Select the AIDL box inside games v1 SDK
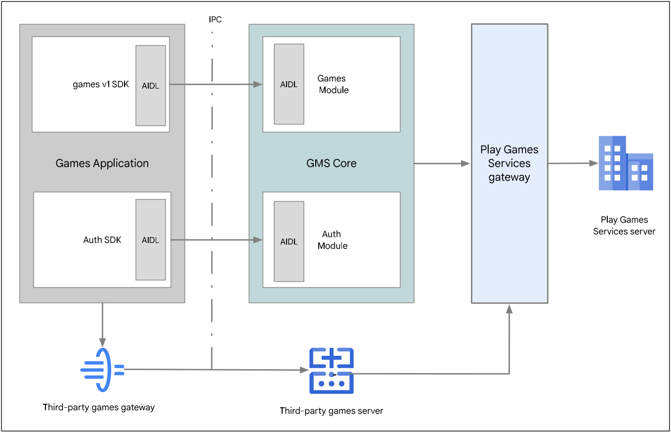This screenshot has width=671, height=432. (x=151, y=85)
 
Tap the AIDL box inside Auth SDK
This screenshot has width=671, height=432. (x=151, y=240)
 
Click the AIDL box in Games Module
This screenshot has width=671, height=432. (x=289, y=84)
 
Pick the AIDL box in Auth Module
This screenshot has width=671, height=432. (x=289, y=241)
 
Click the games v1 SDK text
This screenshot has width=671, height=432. (x=101, y=84)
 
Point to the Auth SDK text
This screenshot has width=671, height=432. (x=102, y=240)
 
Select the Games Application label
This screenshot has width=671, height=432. (x=102, y=163)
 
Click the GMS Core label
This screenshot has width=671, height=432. (x=332, y=163)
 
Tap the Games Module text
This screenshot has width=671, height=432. (x=333, y=84)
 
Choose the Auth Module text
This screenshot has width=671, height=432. (x=333, y=240)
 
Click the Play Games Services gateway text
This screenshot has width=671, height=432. (x=509, y=163)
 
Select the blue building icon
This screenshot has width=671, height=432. (x=626, y=163)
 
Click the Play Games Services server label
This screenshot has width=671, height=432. (x=624, y=225)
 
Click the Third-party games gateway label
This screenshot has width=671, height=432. (x=99, y=408)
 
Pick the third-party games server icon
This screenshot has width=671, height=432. (x=331, y=371)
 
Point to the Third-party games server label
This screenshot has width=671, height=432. (x=331, y=411)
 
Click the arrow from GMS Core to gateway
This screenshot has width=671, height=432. (x=442, y=163)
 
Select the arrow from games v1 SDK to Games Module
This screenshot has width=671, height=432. (x=215, y=85)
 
